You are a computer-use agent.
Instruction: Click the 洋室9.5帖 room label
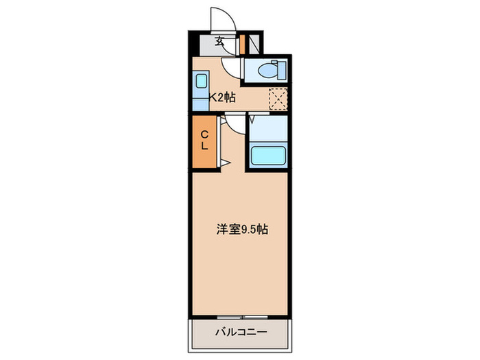point(243,229)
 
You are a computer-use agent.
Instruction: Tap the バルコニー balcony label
point(241,332)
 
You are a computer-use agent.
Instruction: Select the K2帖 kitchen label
point(223,97)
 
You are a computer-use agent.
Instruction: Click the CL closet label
point(204,140)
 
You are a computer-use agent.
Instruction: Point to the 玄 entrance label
point(219,40)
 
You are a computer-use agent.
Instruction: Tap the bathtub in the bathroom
point(269,156)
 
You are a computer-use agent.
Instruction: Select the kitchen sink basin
point(201,81)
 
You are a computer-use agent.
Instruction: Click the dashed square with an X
point(278,99)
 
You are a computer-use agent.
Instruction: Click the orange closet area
point(204,141)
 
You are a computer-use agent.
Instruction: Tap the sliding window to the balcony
point(243,317)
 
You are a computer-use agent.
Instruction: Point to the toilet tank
point(282,71)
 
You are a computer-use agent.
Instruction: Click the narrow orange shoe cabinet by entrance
point(242,45)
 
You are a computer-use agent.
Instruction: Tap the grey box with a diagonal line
point(254,45)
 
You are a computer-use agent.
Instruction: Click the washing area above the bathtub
point(269,128)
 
